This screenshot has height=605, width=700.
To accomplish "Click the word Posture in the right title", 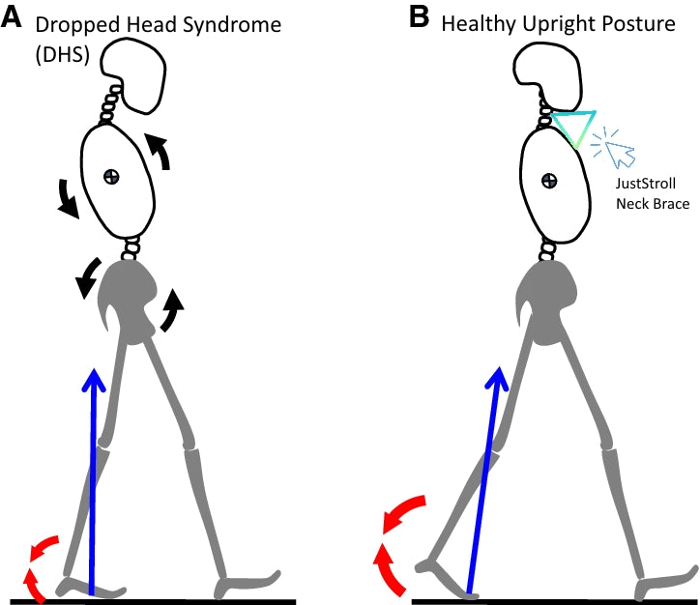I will (x=638, y=23).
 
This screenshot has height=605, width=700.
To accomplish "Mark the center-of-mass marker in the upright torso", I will (x=548, y=180).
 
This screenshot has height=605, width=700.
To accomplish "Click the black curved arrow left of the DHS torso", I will (x=67, y=197).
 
